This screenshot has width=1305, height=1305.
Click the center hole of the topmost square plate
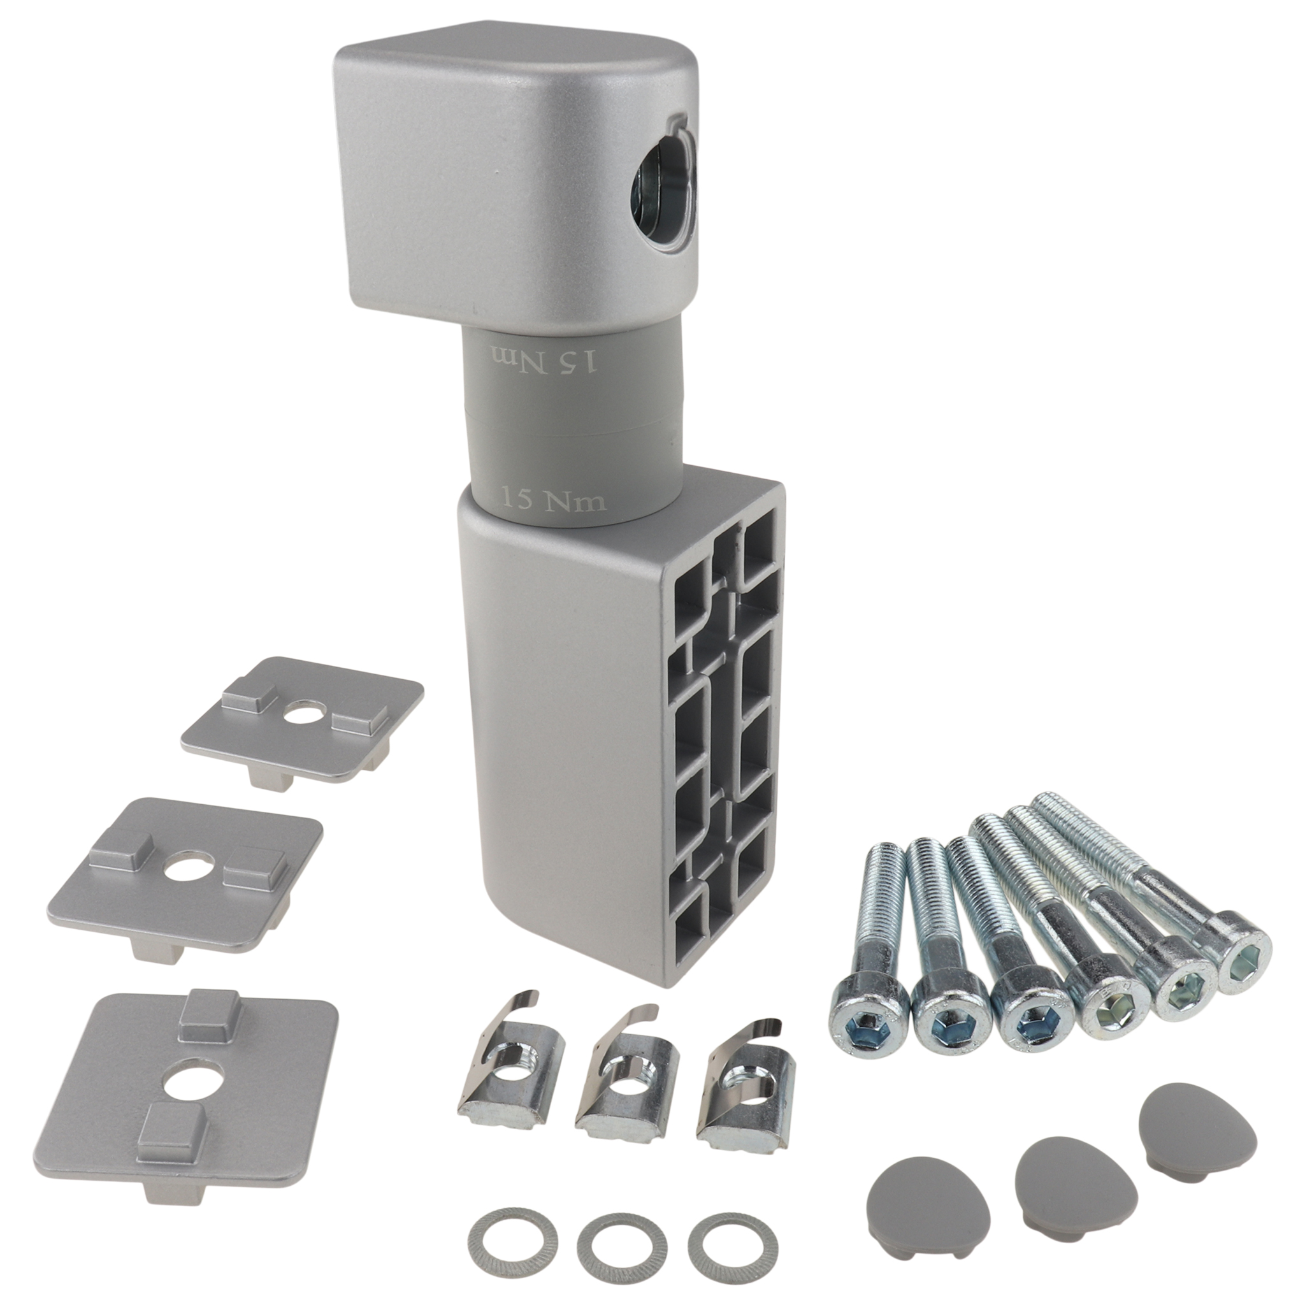coord(303,712)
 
